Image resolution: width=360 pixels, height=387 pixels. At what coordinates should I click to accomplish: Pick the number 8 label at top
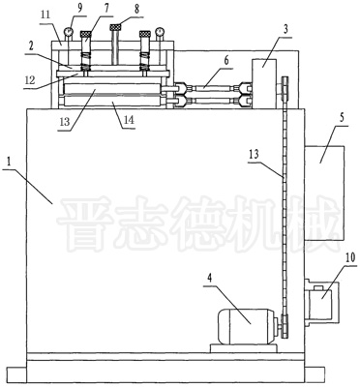137,9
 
